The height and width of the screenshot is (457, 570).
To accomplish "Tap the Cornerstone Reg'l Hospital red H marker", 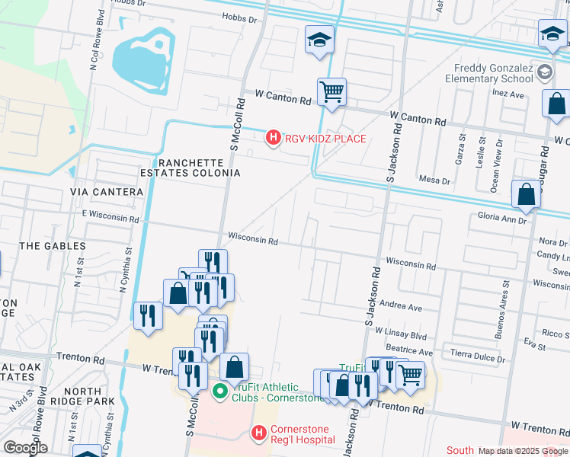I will [x=259, y=433].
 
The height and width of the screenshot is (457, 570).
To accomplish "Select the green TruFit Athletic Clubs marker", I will [x=219, y=391].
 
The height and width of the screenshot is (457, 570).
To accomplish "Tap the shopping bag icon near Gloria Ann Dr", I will [x=527, y=195].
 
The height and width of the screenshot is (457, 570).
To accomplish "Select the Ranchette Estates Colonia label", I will [x=199, y=168].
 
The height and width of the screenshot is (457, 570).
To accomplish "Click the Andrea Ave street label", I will [x=400, y=308].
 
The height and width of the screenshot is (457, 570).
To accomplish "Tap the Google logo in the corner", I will [x=25, y=448].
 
